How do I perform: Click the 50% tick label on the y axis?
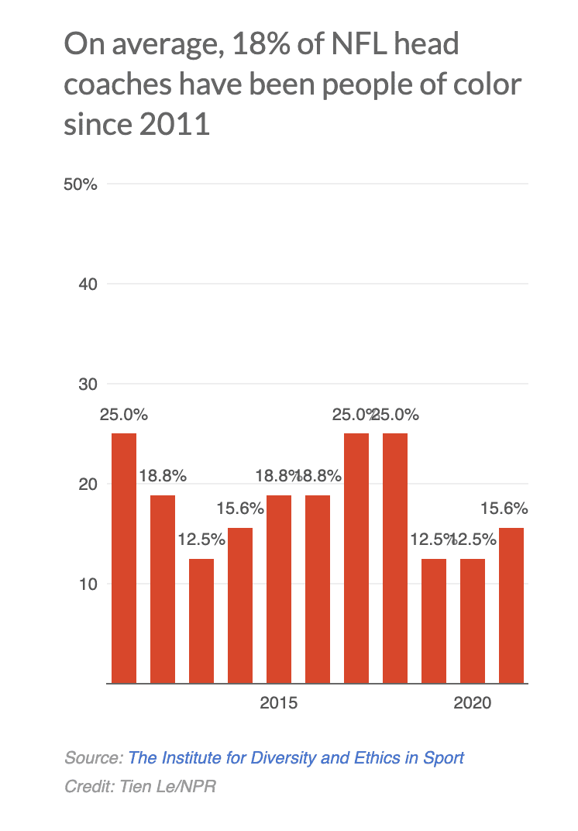click(x=80, y=184)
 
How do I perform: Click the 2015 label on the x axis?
click(x=279, y=704)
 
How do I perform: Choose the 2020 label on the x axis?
click(x=473, y=704)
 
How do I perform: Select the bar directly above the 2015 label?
click(x=279, y=589)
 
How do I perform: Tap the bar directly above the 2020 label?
click(x=473, y=620)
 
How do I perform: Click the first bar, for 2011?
click(x=124, y=558)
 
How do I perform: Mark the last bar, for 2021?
click(x=511, y=605)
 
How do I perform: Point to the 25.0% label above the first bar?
click(x=124, y=415)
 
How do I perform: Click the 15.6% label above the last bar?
click(x=504, y=509)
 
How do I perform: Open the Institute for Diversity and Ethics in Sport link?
click(x=296, y=757)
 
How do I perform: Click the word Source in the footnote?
click(x=92, y=757)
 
